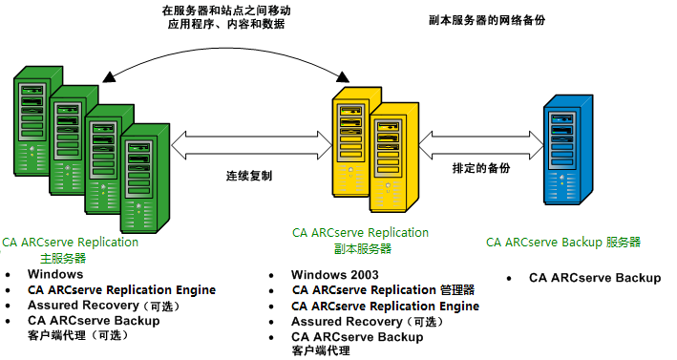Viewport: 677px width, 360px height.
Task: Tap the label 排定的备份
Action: tap(480, 167)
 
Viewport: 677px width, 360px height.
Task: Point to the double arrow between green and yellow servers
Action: tap(252, 146)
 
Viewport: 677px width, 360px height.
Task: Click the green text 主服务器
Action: tap(62, 258)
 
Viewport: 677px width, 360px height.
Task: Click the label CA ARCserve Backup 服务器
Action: tap(562, 243)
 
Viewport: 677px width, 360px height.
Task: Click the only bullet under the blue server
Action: tap(594, 278)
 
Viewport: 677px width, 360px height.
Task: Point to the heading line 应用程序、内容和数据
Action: tap(226, 26)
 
